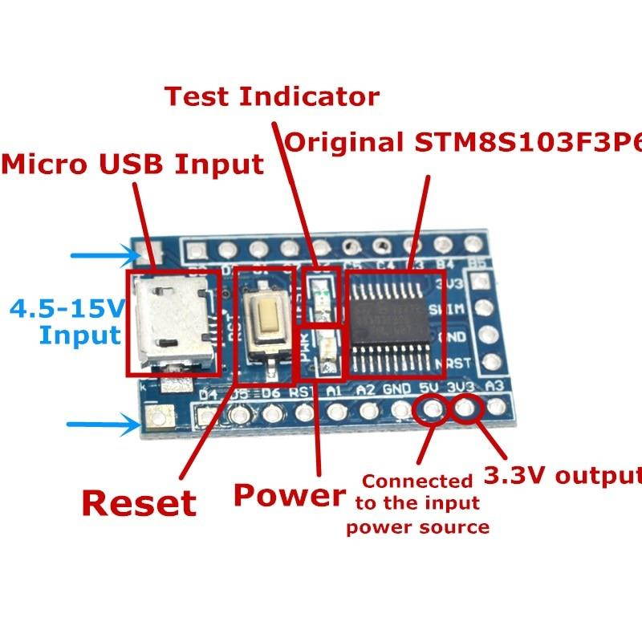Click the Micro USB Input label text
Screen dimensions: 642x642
click(132, 165)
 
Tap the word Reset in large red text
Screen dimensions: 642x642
click(139, 503)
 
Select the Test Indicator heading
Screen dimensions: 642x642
click(271, 96)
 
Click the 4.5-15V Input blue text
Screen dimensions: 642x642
click(68, 321)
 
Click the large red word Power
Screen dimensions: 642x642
click(289, 495)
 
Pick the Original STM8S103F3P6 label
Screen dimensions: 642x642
click(464, 143)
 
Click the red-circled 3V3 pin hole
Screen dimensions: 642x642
click(466, 410)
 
